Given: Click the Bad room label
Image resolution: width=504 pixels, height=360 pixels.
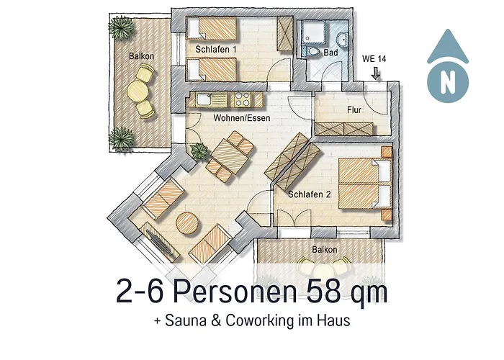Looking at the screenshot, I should pos(330,53).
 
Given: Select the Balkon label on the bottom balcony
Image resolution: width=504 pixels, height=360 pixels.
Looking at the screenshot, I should pos(323,249).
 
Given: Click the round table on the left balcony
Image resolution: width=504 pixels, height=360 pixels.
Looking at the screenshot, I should pos(138,90).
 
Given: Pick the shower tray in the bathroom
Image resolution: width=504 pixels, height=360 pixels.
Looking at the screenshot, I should pos(315,32).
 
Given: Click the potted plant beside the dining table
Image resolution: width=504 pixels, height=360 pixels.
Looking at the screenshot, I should pos(197,150).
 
